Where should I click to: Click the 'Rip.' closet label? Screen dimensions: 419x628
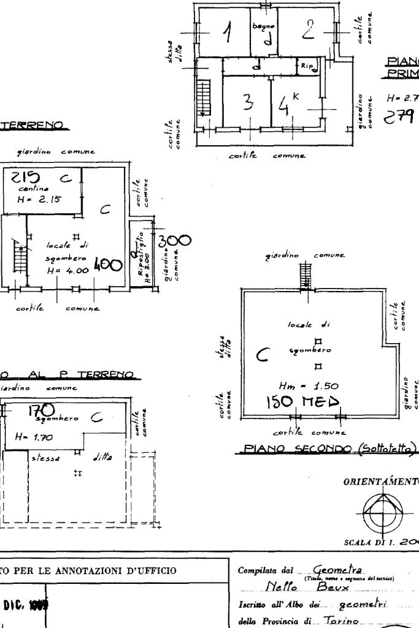click(307, 64)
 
